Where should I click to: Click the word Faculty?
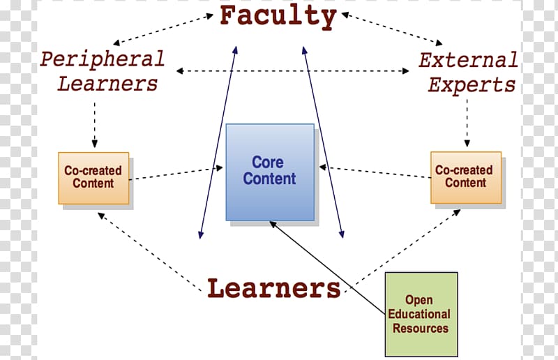278,17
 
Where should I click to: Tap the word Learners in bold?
274,288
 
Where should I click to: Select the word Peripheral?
102,59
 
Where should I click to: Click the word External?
468,60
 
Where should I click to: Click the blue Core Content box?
270,172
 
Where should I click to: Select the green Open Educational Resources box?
421,315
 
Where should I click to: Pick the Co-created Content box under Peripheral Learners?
93,179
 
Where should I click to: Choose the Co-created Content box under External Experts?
466,178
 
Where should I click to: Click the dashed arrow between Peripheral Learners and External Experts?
292,71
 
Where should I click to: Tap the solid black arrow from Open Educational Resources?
327,268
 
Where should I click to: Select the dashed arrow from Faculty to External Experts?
392,29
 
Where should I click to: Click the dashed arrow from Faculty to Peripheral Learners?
163,29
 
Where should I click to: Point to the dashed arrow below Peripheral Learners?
95,125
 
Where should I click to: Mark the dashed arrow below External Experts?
467,123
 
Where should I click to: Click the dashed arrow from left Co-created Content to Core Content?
176,174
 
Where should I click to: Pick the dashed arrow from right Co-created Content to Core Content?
375,172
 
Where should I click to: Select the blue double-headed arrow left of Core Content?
218,142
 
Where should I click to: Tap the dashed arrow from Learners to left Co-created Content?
149,252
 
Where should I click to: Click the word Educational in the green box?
419,314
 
